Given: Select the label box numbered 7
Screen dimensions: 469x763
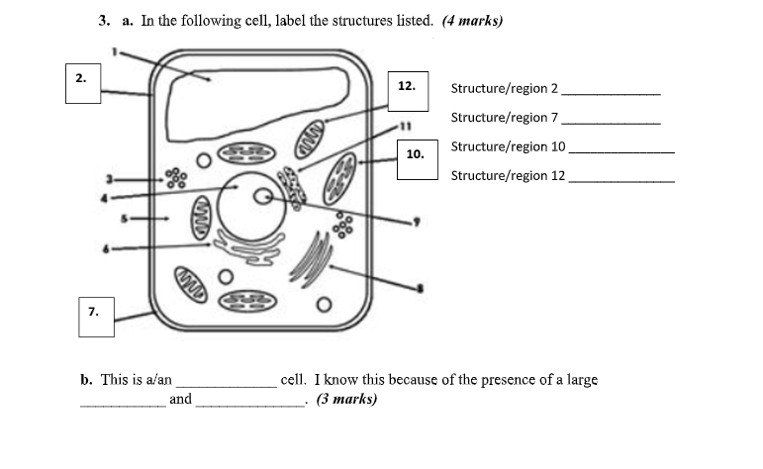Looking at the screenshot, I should pos(94,311).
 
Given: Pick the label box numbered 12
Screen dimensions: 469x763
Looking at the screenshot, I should pos(407,87).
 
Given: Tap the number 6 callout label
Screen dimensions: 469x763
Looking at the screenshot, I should pos(107,248).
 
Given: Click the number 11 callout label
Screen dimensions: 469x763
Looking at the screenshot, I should pos(403,127).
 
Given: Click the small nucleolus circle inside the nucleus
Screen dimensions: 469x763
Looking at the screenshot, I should pos(263,197).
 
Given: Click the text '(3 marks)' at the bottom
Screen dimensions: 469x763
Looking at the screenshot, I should pos(346,400).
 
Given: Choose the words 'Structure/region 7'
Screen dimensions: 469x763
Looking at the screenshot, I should pos(505,118).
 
